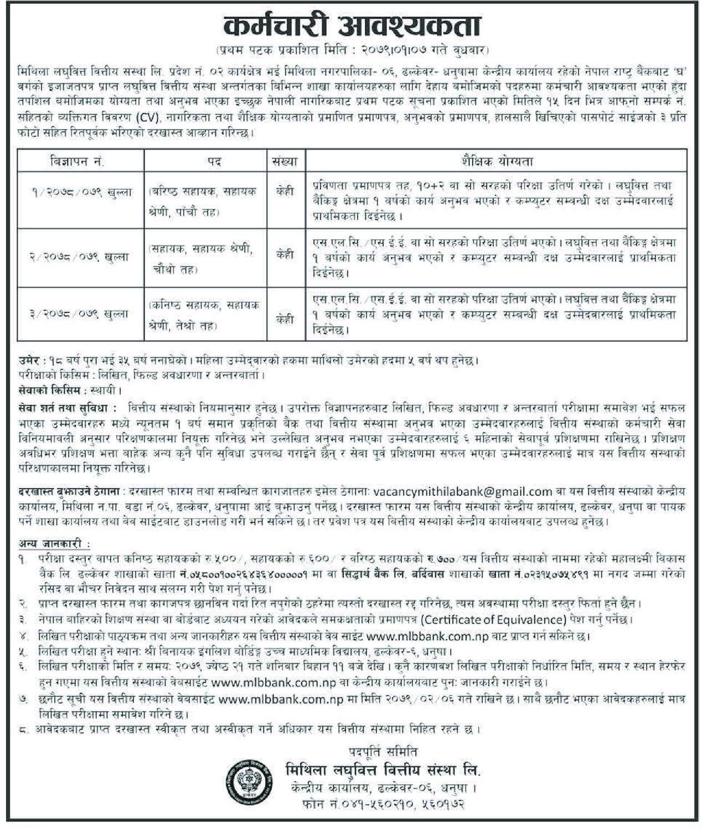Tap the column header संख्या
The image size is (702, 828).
[285, 162]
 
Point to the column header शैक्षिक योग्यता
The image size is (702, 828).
[496, 162]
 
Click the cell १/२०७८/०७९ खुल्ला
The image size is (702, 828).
[81, 192]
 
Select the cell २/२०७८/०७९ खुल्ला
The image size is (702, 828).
[81, 256]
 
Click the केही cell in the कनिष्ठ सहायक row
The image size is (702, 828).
[285, 319]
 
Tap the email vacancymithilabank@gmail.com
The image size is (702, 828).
[463, 491]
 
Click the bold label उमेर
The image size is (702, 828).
[28, 361]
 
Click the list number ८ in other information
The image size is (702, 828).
[22, 730]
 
